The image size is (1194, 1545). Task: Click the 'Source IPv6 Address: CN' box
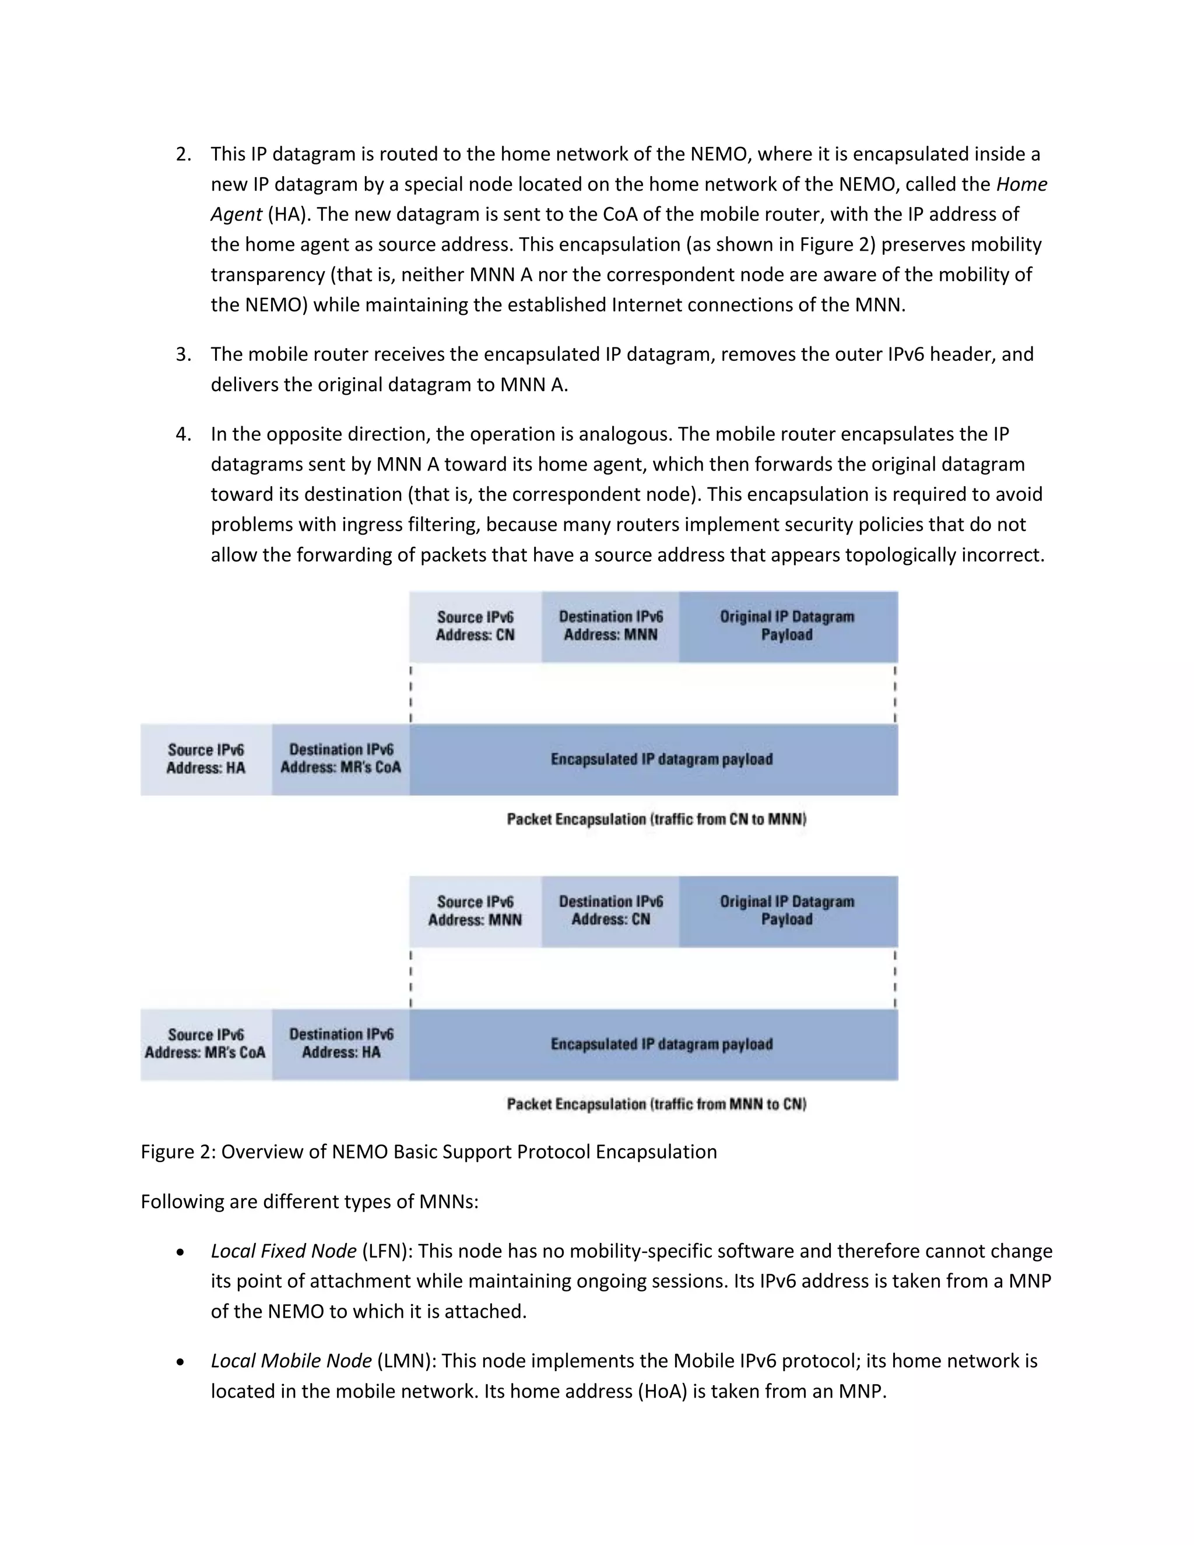[475, 626]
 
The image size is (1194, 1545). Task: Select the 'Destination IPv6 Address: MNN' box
[610, 626]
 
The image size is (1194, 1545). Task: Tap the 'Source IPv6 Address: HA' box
[206, 759]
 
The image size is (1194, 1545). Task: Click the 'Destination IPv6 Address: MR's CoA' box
[341, 759]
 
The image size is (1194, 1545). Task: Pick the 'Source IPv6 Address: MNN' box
[475, 911]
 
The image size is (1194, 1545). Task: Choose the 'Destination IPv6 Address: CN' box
[610, 911]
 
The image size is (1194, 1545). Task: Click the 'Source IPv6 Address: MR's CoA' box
[206, 1044]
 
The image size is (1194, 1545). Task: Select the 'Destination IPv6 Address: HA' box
[341, 1044]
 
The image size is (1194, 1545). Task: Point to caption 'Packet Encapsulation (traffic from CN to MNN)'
[656, 819]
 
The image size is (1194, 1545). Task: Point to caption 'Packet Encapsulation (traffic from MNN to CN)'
[656, 1104]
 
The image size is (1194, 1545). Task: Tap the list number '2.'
[183, 154]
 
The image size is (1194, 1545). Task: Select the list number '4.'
[183, 434]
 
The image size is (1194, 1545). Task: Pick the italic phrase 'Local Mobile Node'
[291, 1361]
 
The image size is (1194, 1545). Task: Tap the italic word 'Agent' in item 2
[236, 215]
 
